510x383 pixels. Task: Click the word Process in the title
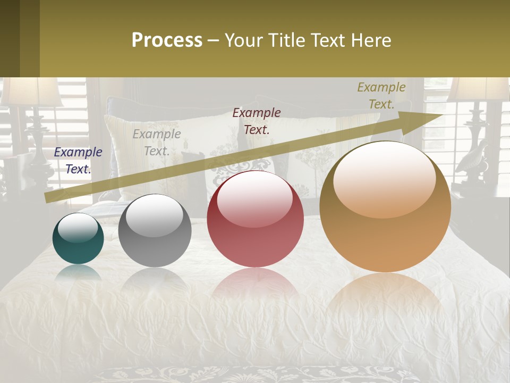167,40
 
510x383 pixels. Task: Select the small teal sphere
78,239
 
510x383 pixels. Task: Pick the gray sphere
155,231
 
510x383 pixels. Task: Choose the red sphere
255,219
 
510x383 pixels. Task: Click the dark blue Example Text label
78,160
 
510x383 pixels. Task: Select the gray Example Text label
157,142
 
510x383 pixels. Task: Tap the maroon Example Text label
257,121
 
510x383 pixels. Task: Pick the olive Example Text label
381,96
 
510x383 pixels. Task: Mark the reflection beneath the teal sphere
78,272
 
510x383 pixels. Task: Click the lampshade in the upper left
31,91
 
